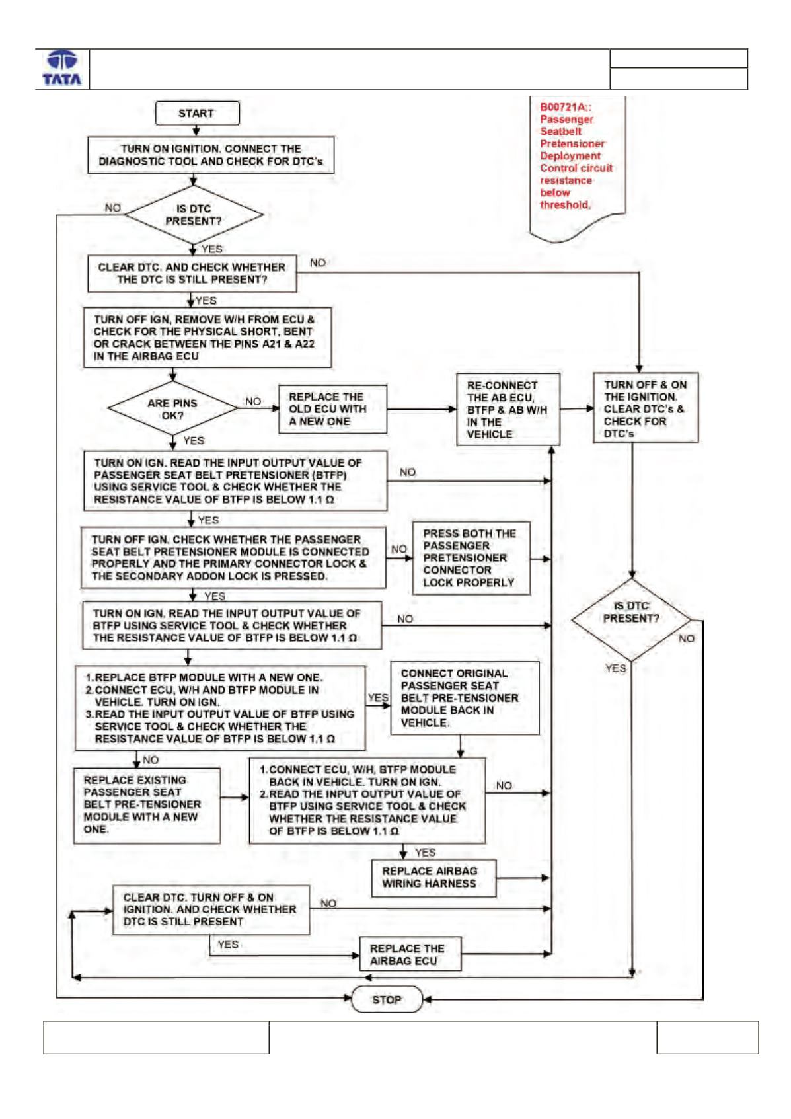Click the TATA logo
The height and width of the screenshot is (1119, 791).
tap(62, 69)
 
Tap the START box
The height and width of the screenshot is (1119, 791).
tap(197, 114)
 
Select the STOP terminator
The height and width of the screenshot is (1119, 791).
tap(387, 999)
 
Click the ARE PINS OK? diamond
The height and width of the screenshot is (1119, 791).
tap(172, 408)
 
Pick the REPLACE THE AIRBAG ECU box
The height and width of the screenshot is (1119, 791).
tap(410, 954)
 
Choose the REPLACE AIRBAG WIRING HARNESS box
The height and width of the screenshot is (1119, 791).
tap(434, 878)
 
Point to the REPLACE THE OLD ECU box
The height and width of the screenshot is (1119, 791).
tap(332, 409)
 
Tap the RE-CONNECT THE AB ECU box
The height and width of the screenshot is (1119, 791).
tap(508, 409)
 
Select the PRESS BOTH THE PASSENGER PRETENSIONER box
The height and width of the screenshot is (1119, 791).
tap(471, 558)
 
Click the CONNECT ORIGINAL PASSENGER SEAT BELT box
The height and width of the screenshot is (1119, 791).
tap(465, 698)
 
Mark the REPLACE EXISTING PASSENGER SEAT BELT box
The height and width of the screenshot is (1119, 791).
tap(147, 805)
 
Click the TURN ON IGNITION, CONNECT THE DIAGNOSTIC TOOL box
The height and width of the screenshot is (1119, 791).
tap(211, 155)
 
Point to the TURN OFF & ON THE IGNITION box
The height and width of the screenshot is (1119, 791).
tap(646, 408)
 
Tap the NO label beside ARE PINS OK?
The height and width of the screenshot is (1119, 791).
tap(253, 401)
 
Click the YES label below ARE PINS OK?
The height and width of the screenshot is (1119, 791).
tap(194, 440)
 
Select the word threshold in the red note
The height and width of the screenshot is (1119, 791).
tap(565, 204)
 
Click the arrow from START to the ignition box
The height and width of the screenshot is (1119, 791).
tap(197, 131)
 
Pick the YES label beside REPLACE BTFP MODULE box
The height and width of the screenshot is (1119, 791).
tap(378, 697)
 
